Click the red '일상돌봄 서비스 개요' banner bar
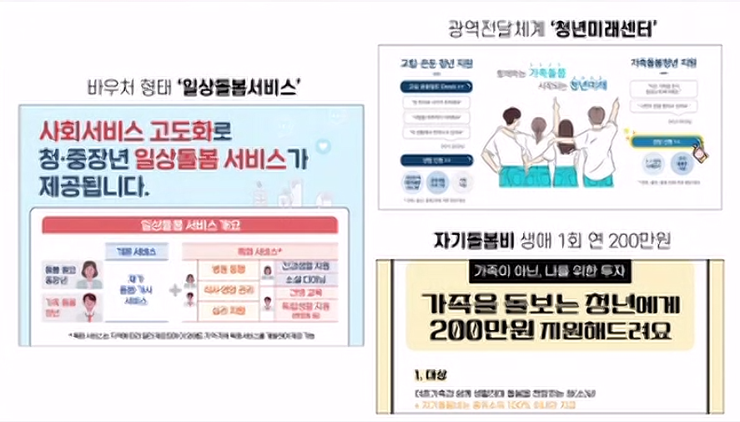click(x=191, y=225)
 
